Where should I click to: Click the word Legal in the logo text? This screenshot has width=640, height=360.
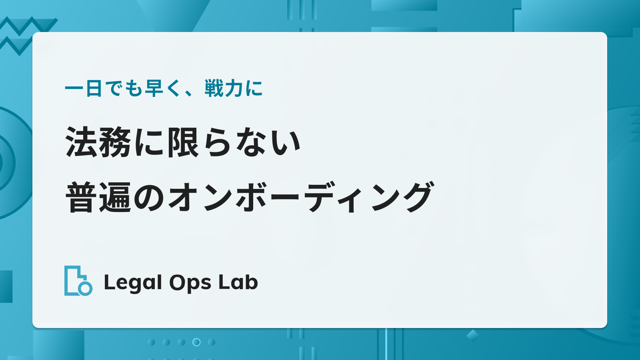pyautogui.click(x=133, y=283)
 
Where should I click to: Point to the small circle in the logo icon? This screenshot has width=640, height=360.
pyautogui.click(x=85, y=288)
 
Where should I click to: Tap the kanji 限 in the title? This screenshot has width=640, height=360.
pyautogui.click(x=183, y=142)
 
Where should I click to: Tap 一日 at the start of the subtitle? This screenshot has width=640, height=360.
pyautogui.click(x=84, y=88)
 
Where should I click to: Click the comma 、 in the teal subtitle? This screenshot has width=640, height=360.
pyautogui.click(x=189, y=93)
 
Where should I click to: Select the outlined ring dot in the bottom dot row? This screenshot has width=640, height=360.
pyautogui.click(x=196, y=342)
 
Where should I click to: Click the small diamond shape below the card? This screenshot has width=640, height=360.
pyautogui.click(x=472, y=336)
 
